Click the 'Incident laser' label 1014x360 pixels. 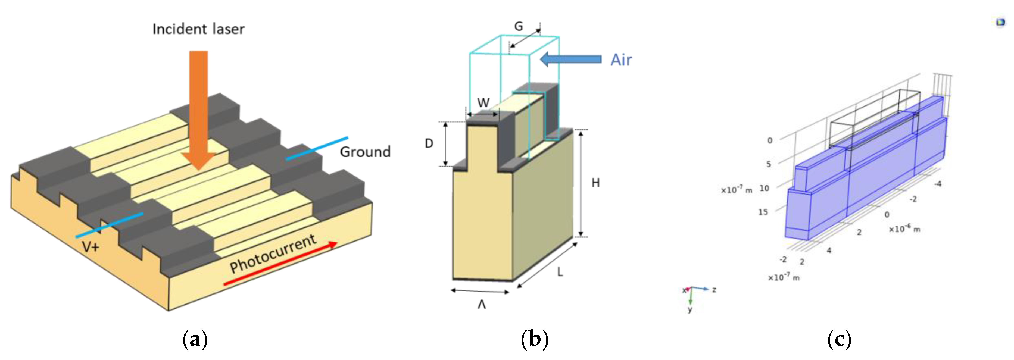click(198, 29)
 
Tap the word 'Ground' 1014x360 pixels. click(365, 152)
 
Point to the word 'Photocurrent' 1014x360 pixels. click(273, 254)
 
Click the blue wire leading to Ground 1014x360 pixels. click(317, 148)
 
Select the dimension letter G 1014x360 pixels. click(519, 26)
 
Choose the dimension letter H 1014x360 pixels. click(595, 183)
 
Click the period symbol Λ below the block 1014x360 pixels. click(481, 304)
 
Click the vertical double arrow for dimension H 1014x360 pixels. click(581, 183)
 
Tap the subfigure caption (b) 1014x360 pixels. click(534, 339)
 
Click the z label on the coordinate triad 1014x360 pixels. click(714, 290)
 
